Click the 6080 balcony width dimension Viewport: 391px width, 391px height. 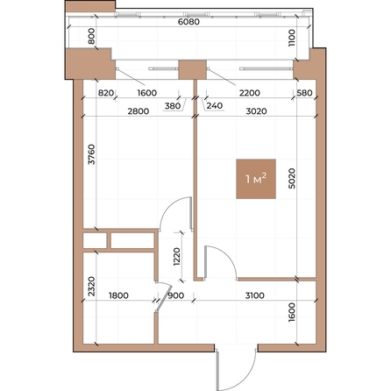tap(188, 22)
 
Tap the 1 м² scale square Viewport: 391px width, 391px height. tap(256, 179)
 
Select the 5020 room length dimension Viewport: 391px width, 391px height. tap(292, 178)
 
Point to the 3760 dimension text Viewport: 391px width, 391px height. tap(92, 154)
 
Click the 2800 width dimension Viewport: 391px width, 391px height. tap(139, 111)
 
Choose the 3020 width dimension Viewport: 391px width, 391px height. tap(256, 111)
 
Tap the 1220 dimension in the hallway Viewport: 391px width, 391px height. tap(177, 257)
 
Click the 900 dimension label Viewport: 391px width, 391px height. tap(176, 295)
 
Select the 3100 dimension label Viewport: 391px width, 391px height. tap(255, 295)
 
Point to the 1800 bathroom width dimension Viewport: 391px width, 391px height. tap(118, 295)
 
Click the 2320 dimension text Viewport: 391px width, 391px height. tap(92, 287)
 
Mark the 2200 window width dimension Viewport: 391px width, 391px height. tap(250, 93)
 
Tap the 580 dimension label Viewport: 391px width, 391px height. tap(304, 93)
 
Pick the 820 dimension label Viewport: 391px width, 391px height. tap(106, 93)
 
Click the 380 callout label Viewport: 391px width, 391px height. tap(173, 106)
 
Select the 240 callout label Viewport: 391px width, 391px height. tap(215, 105)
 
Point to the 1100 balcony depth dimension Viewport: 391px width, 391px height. tap(292, 38)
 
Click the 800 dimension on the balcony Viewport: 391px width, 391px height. tap(92, 36)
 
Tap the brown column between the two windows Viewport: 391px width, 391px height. tap(193, 69)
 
